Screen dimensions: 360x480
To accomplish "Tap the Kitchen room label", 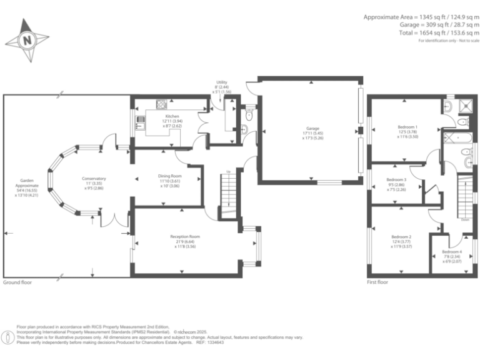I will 172,117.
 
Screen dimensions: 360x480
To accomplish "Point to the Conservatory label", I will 94,179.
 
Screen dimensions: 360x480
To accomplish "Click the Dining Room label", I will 169,176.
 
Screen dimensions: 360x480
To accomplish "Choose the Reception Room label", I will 185,237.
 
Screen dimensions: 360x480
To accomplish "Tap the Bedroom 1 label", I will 407,127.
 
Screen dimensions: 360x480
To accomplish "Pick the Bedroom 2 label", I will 401,237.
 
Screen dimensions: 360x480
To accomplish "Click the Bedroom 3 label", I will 397,179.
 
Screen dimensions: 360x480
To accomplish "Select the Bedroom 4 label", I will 452,251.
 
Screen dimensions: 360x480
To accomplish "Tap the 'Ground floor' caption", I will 17,282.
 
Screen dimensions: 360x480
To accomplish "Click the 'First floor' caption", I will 377,282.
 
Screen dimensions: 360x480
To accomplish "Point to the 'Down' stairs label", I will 465,220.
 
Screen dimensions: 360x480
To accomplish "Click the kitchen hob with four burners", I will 161,104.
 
